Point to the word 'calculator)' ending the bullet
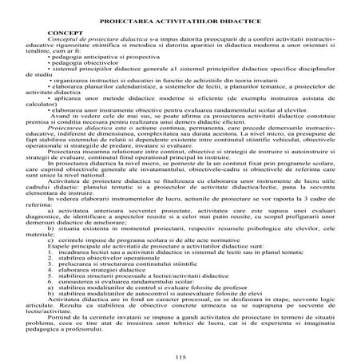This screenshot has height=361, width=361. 63,126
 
